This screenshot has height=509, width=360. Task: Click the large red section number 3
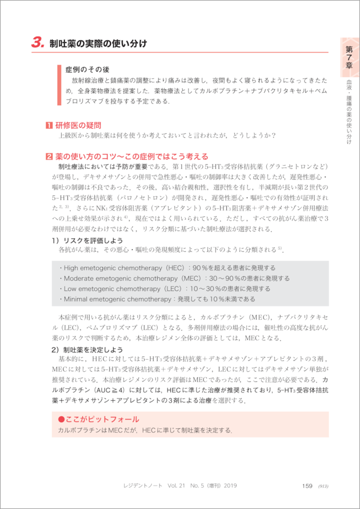point(38,42)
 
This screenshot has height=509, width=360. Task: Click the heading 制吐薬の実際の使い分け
point(98,43)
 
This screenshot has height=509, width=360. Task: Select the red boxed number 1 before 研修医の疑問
point(49,125)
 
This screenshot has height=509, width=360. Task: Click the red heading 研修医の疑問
point(78,125)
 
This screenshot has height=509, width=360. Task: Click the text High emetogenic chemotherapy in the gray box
point(117,268)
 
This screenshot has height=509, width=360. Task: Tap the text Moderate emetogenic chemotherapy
point(123,278)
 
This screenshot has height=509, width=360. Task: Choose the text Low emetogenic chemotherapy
point(114,288)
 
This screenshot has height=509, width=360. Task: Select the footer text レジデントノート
point(146,486)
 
